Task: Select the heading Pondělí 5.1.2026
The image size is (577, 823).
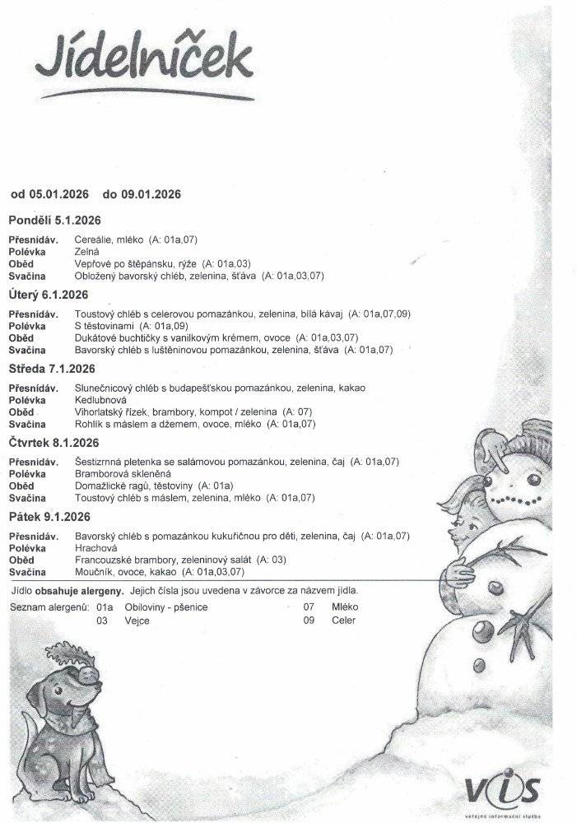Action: [54, 221]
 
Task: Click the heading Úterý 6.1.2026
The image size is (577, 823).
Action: [48, 294]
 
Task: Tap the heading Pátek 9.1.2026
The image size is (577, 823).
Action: [49, 516]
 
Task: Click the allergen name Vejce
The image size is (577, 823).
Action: [137, 621]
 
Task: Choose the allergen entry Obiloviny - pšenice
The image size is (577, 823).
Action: [165, 607]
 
